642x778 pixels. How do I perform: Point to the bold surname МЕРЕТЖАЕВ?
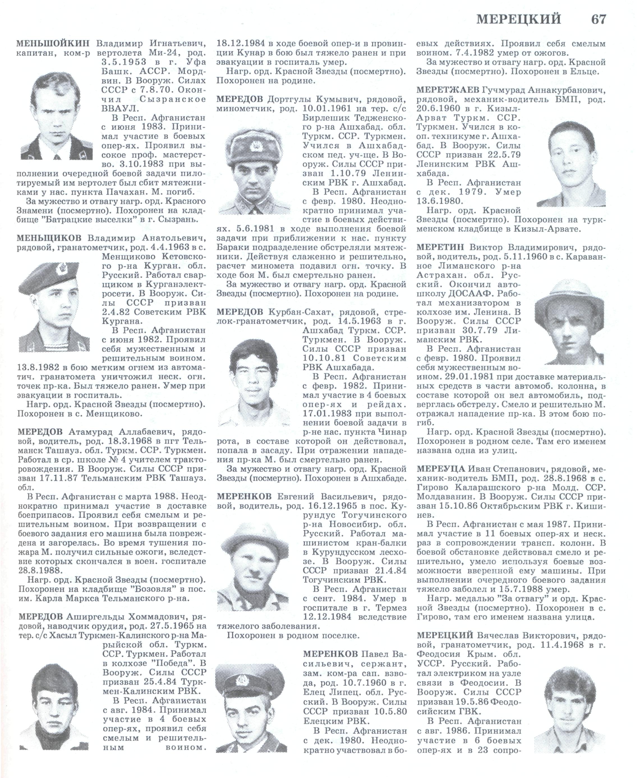point(447,90)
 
